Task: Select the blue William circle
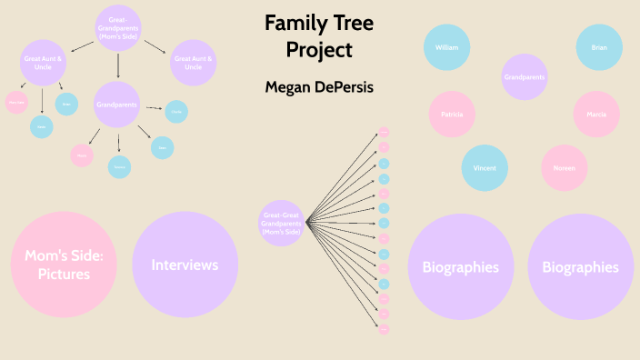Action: [446, 47]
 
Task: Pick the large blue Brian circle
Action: [598, 47]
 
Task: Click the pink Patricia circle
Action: [452, 115]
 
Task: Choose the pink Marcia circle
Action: [596, 115]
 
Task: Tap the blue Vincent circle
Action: [484, 167]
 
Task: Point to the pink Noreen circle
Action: [564, 167]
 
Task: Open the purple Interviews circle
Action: [185, 265]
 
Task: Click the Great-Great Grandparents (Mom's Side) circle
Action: [281, 223]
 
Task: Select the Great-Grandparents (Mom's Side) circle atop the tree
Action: [118, 28]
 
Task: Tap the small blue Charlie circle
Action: [176, 111]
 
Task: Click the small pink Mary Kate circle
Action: [16, 103]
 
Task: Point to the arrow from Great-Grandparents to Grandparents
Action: [118, 65]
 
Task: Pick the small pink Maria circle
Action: [83, 155]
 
